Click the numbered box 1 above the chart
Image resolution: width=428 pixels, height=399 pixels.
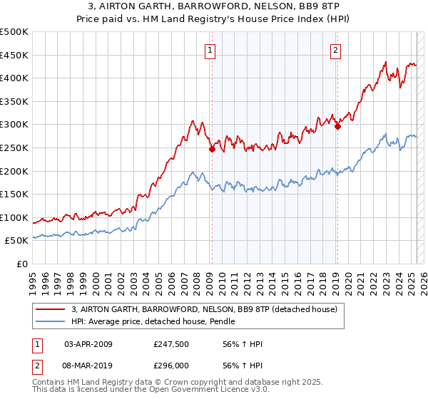point(211,50)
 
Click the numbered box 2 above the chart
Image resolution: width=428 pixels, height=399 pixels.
point(335,50)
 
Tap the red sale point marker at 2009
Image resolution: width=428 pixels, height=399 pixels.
point(212,149)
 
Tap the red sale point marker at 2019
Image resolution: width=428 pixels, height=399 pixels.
point(337,127)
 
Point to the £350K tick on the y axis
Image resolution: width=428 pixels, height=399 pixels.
point(14,101)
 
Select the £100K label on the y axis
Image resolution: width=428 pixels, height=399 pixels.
point(14,217)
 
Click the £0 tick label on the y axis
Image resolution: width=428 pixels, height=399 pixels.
point(21,264)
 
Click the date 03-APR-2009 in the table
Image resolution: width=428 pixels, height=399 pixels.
point(88,344)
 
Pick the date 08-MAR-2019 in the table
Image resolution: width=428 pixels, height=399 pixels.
point(88,364)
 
